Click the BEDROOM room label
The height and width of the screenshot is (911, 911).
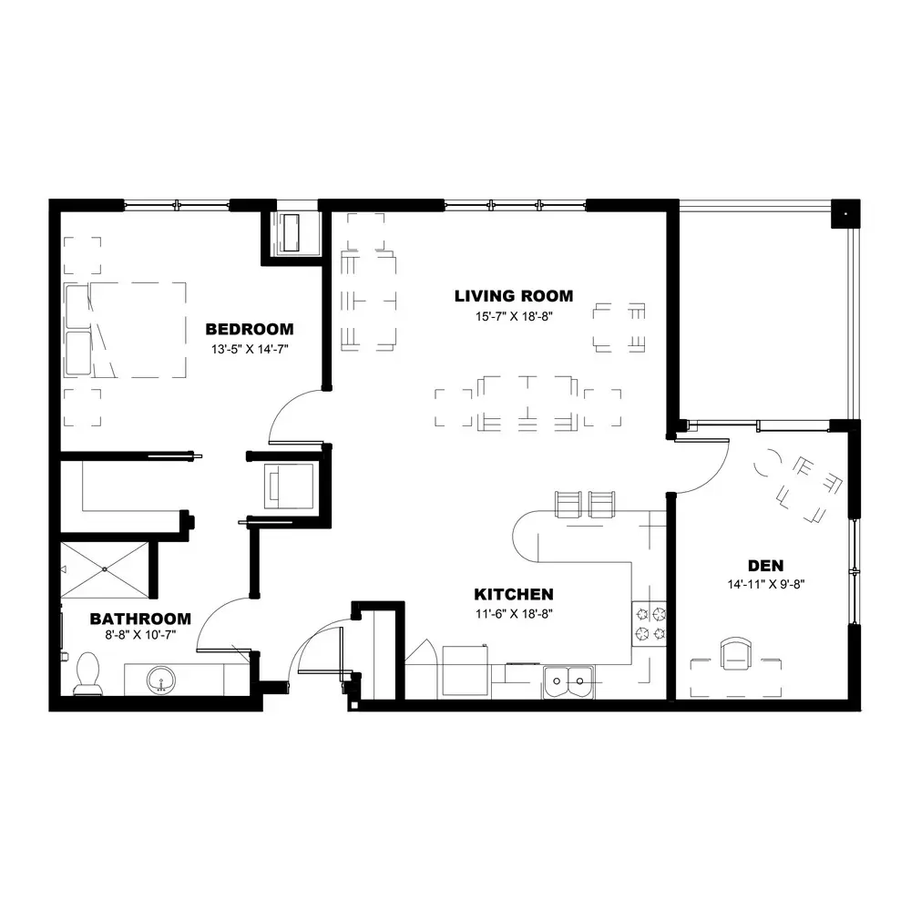[250, 329]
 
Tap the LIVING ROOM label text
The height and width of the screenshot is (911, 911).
[514, 296]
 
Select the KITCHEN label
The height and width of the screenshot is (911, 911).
[514, 594]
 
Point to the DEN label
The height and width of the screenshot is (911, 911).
[765, 566]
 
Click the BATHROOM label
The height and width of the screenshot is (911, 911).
[140, 619]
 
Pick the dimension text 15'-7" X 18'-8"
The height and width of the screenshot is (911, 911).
[514, 317]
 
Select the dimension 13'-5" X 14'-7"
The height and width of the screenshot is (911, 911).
[250, 349]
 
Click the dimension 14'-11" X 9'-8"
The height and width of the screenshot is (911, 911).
[766, 585]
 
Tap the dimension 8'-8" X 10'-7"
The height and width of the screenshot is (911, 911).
[140, 635]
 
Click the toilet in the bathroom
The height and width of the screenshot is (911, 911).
[87, 674]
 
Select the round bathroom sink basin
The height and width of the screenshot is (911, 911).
[161, 681]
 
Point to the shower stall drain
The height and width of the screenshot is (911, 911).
[105, 569]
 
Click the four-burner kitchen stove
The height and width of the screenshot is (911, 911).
[650, 624]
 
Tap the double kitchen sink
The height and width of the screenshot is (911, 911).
[568, 681]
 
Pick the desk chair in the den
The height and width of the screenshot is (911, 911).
[735, 653]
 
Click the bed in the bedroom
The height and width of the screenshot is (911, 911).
[126, 330]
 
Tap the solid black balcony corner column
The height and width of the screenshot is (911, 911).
[845, 214]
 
